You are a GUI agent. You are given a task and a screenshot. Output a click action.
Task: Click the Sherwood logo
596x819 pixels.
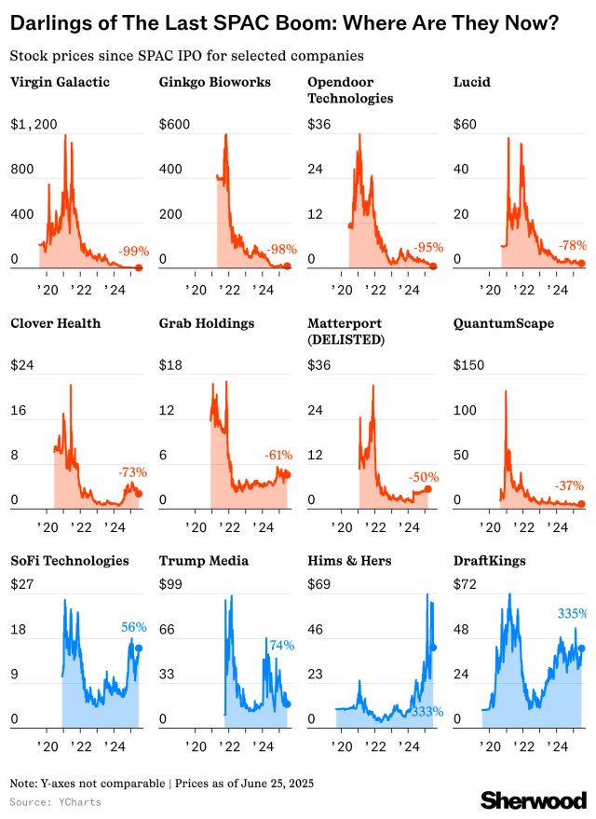pos(534,799)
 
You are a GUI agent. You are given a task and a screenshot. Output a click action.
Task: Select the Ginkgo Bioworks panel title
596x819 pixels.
pos(215,82)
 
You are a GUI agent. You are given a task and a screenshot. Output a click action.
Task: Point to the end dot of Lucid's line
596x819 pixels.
pos(582,264)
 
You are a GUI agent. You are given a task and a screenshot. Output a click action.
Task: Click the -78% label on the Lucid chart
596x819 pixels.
pos(573,245)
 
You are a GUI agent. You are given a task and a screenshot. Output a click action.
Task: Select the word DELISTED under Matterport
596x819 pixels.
pos(349,340)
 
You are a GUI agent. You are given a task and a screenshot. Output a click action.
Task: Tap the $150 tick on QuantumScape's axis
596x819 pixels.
pos(469,365)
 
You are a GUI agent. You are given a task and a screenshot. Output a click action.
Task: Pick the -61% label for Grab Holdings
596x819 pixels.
pos(278,455)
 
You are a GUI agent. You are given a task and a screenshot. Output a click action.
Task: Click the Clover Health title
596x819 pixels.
pos(55,323)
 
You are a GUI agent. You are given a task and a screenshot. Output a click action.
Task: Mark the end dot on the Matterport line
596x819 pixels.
pos(427,489)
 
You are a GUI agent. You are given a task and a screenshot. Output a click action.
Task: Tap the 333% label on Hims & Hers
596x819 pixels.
pos(427,712)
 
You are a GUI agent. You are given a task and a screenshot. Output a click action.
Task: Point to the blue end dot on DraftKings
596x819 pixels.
pos(582,648)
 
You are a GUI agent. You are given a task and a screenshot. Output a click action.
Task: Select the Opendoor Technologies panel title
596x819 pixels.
pos(349,89)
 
